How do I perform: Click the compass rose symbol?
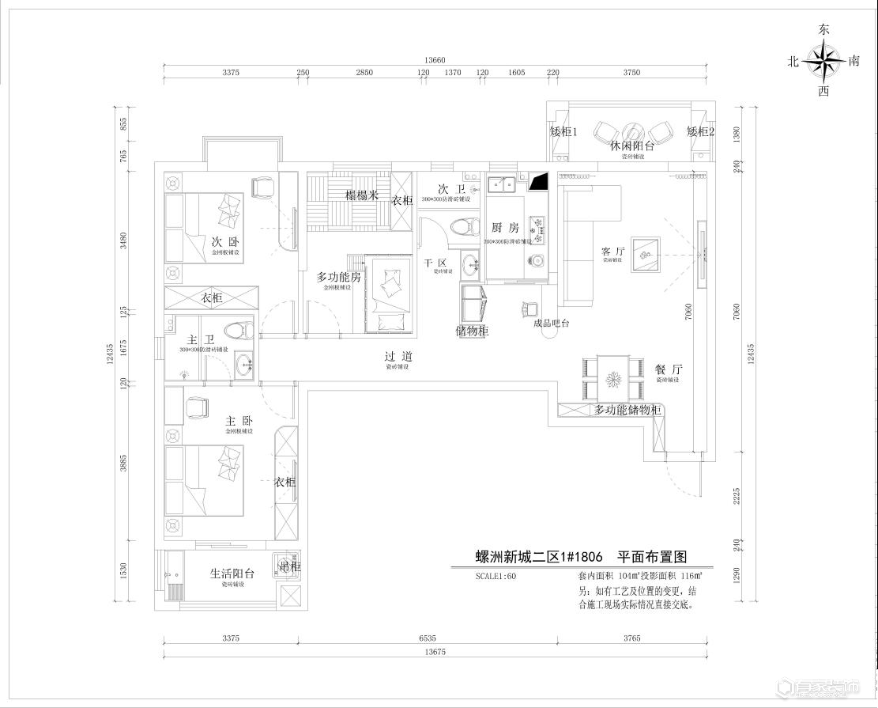pyautogui.click(x=823, y=61)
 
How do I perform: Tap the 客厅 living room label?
pyautogui.click(x=613, y=252)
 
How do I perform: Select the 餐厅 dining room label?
pyautogui.click(x=668, y=369)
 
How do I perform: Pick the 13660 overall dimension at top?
pyautogui.click(x=435, y=60)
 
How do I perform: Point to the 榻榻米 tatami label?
pyautogui.click(x=362, y=195)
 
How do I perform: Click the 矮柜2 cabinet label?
pyautogui.click(x=700, y=131)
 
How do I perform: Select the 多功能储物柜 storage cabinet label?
pyautogui.click(x=627, y=410)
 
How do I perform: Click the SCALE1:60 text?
pyautogui.click(x=496, y=577)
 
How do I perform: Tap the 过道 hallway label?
pyautogui.click(x=398, y=357)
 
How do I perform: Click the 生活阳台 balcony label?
pyautogui.click(x=232, y=574)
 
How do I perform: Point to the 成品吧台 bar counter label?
pyautogui.click(x=551, y=323)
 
